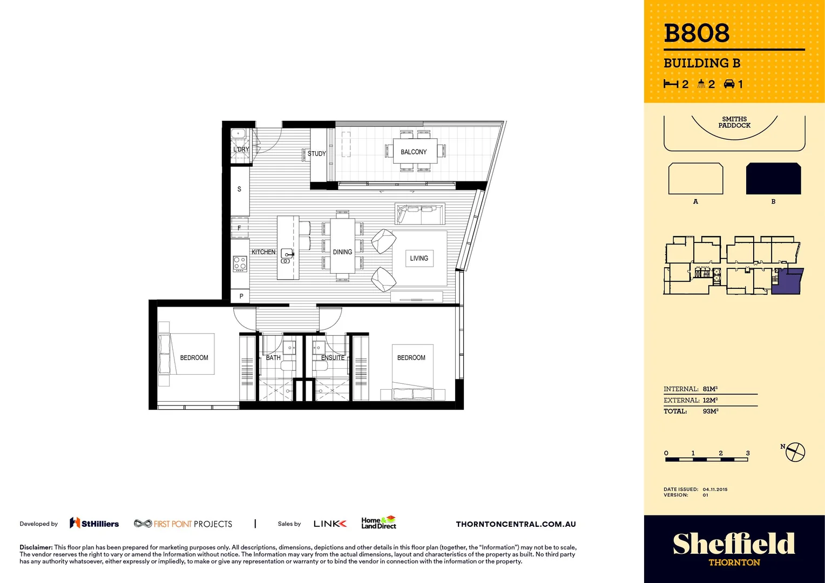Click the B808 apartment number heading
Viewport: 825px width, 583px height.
(696, 33)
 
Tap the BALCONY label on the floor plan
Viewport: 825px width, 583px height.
(414, 152)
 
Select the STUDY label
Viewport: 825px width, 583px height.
(316, 154)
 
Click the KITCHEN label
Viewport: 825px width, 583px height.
(263, 252)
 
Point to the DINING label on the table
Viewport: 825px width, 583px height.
(342, 252)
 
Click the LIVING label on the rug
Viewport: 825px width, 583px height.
(419, 259)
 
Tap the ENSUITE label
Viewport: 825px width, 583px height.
(333, 358)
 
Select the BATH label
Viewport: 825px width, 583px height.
(273, 358)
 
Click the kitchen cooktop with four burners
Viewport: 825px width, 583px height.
(240, 263)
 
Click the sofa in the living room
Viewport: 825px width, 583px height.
(420, 214)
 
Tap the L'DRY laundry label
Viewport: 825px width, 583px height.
(241, 150)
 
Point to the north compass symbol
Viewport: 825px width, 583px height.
(795, 452)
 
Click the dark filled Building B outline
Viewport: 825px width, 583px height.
(773, 179)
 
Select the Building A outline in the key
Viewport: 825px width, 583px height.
(695, 179)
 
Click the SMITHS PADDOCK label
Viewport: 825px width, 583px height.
(734, 123)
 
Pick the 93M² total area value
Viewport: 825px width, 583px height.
(710, 411)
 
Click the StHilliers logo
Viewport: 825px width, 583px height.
(94, 524)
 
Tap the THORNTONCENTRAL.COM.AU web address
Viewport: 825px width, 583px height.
(516, 524)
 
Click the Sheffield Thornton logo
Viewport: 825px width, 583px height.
(734, 548)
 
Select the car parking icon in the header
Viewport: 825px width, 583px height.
(729, 84)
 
